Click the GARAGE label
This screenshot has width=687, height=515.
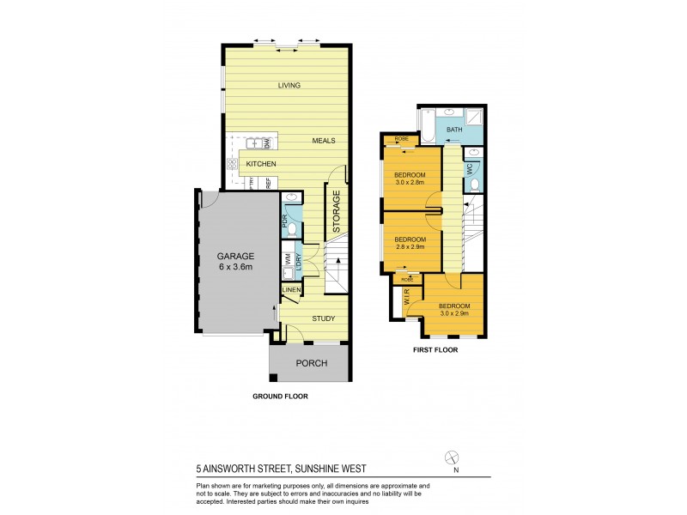point(235,255)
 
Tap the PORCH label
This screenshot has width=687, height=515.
point(311,363)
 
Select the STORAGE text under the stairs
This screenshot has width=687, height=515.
point(337,213)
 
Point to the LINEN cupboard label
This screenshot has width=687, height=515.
point(291,290)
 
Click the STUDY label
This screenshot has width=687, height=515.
point(323,318)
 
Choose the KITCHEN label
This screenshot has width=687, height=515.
point(260,163)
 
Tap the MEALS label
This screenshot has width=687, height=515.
point(323,141)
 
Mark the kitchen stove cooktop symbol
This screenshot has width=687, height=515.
point(231,164)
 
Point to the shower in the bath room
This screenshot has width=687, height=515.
point(474,118)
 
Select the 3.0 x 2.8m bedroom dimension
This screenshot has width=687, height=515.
point(410,182)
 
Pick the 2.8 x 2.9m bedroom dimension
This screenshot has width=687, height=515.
point(410,246)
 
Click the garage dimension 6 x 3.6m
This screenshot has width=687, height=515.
point(235,267)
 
